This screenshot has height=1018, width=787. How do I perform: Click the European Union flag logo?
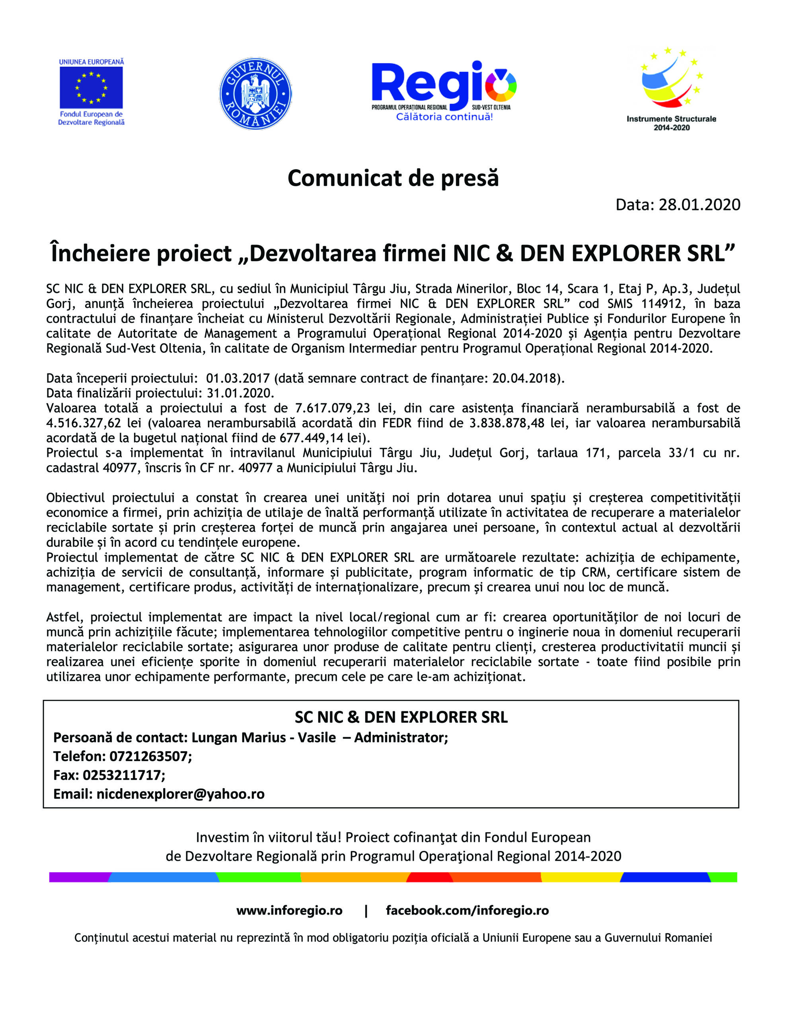[91, 87]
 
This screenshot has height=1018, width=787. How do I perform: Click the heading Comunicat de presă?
[393, 178]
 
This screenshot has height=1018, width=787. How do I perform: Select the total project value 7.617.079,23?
[333, 408]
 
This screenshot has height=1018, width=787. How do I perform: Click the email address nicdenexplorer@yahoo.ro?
[180, 794]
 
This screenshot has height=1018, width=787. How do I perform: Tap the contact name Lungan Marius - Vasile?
[263, 737]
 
